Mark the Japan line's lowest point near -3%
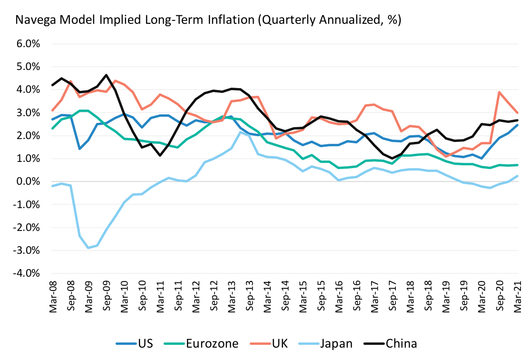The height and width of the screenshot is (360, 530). pyautogui.click(x=88, y=248)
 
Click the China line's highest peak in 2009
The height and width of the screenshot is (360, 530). pyautogui.click(x=106, y=75)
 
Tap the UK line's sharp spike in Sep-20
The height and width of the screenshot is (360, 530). pyautogui.click(x=500, y=92)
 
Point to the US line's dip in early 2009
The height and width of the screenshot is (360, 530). pyautogui.click(x=79, y=149)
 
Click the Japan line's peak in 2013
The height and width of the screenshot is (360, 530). pyautogui.click(x=241, y=132)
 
